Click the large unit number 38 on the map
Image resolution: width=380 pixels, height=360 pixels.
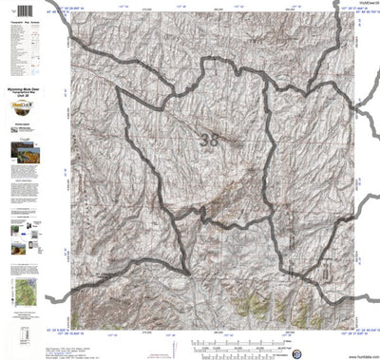(x=209, y=140)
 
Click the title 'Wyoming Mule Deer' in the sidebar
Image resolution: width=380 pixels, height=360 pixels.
(x=22, y=98)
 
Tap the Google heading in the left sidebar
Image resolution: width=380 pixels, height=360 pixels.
(x=22, y=139)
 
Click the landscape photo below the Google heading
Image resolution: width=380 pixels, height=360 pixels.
(x=22, y=152)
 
